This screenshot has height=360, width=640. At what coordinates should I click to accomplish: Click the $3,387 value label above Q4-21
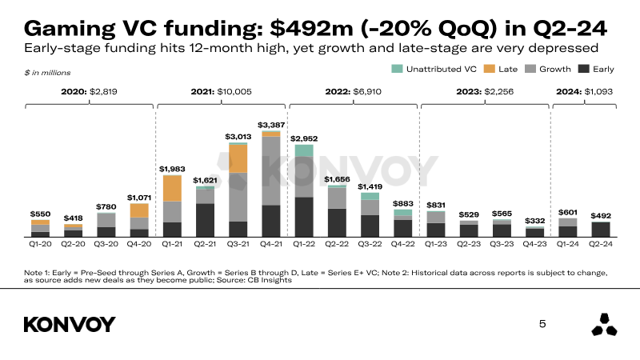[271, 125]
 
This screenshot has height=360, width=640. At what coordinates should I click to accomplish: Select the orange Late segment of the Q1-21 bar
[172, 188]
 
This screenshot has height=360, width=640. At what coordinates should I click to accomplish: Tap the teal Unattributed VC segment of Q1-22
[304, 150]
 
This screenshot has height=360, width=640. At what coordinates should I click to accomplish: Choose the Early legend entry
[596, 70]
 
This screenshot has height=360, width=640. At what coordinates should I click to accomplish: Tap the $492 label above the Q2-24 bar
[600, 216]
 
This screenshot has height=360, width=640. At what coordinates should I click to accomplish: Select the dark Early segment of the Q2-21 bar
[205, 220]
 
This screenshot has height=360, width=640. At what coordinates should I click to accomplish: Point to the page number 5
[543, 324]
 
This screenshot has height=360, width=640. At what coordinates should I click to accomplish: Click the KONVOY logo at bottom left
[70, 324]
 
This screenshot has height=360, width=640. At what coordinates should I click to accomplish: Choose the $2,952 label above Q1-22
[304, 138]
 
